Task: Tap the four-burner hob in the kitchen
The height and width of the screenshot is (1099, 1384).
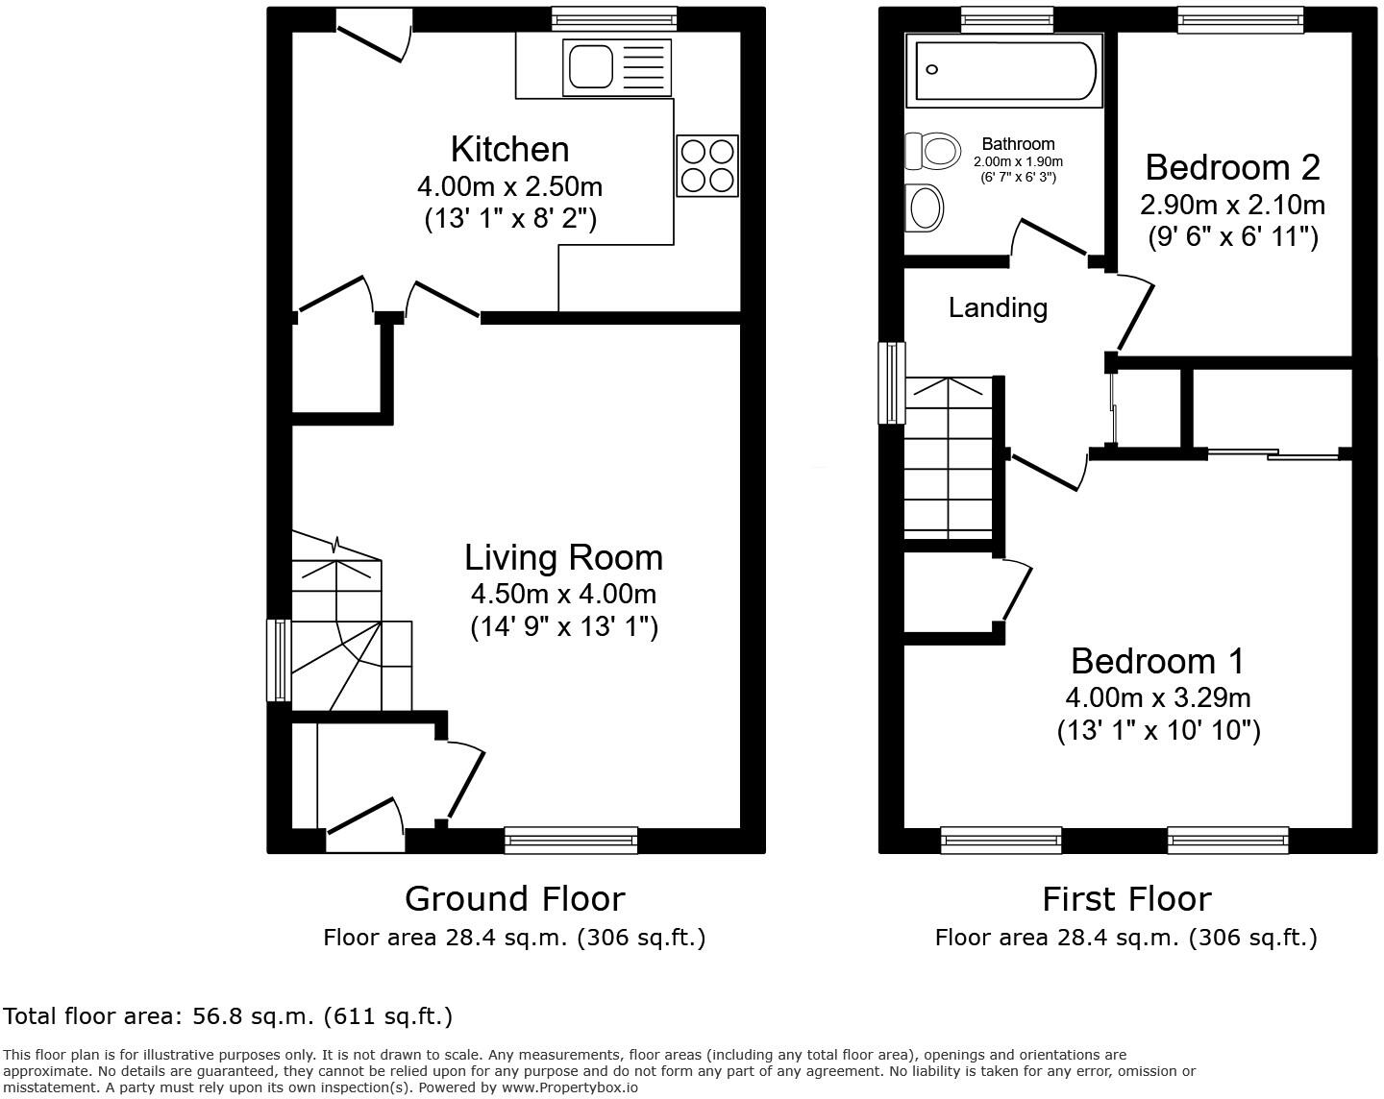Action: [707, 166]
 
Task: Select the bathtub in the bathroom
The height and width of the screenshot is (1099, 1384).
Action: [1005, 69]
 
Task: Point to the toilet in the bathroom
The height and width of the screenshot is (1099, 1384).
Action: [933, 151]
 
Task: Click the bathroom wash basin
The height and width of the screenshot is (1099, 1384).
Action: [926, 208]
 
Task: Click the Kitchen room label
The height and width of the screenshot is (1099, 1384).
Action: [509, 150]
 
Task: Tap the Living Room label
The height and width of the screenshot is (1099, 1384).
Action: [563, 557]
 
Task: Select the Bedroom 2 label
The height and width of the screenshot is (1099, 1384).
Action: [1232, 167]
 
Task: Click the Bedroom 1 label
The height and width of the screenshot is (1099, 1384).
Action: [1157, 661]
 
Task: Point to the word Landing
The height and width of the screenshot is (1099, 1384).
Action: [998, 307]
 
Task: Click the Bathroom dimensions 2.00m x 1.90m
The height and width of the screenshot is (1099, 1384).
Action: [1018, 161]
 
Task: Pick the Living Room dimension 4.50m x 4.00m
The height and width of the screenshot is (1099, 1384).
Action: [563, 594]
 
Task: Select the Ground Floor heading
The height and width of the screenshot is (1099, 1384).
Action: [514, 898]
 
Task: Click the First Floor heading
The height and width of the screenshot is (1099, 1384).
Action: [1126, 898]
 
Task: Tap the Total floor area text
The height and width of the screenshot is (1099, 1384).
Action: [228, 1015]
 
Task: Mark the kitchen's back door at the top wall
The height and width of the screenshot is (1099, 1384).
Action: [373, 37]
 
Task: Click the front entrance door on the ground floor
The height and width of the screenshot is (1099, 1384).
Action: [365, 818]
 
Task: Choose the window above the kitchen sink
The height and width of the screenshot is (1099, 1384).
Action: [614, 18]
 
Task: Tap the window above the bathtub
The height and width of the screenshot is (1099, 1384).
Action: [1006, 18]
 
